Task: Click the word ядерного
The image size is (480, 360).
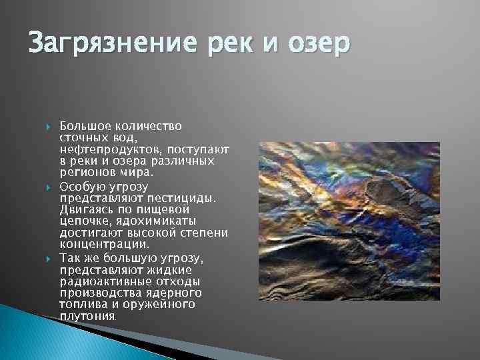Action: pyautogui.click(x=179, y=293)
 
